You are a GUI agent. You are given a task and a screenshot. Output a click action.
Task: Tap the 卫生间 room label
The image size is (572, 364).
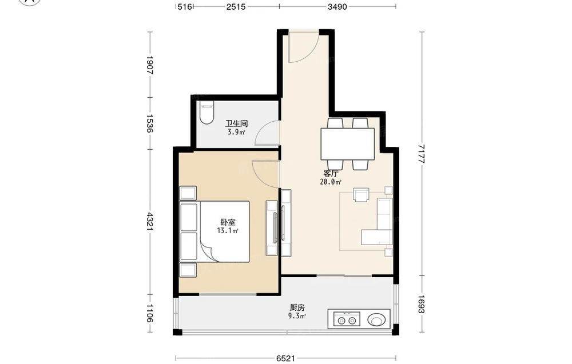pos(236,124)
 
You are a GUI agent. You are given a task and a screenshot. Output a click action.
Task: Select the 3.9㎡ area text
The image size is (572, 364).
pos(236,132)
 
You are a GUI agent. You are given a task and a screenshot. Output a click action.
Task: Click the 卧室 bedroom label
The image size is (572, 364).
pos(228,222)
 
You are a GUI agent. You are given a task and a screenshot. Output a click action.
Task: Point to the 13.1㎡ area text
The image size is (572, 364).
pos(228,231)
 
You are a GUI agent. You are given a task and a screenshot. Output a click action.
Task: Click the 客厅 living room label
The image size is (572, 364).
pos(331,174)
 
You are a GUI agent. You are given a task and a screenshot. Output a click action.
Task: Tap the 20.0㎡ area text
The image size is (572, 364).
pos(331,182)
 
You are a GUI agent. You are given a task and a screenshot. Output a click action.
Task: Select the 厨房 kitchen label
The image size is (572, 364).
pos(297,308)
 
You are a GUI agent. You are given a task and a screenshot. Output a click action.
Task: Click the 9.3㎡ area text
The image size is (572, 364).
pos(297,316)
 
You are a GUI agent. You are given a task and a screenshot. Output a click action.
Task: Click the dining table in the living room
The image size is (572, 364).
pos(348,144)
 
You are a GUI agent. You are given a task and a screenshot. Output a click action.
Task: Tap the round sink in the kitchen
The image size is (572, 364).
pos(376,320)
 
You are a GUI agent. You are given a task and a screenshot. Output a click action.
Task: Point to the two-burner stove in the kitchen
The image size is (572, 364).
pos(347,319)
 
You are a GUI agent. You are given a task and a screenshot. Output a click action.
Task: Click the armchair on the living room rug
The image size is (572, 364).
pos(361,195)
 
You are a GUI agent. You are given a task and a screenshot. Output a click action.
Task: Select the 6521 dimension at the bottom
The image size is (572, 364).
pos(285,358)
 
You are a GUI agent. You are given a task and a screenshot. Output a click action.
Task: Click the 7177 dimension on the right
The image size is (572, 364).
pos(422,153)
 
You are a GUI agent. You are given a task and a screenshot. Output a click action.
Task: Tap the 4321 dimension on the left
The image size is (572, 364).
pos(149,222)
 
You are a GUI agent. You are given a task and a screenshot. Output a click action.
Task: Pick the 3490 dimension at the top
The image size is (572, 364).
pos(337,6)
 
